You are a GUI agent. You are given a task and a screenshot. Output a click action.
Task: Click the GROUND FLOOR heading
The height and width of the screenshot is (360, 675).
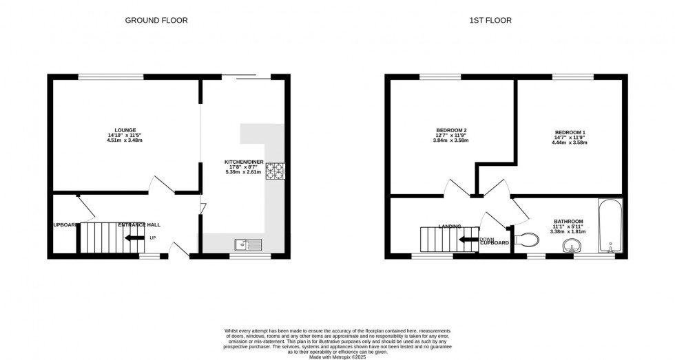click(x=156, y=21)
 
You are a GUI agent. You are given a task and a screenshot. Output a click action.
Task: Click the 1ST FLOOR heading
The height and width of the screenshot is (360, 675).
click(x=490, y=21)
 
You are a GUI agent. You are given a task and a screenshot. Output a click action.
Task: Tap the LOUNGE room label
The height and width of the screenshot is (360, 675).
click(x=125, y=130)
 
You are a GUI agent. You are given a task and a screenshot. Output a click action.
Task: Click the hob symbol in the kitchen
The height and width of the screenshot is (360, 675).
click(x=275, y=170)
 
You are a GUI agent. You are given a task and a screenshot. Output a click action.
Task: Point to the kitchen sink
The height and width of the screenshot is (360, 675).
click(x=246, y=243)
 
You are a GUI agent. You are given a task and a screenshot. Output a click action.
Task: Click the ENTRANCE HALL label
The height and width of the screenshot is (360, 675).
click(x=140, y=225)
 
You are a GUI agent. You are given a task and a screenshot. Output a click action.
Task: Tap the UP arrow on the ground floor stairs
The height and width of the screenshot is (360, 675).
click(x=135, y=237)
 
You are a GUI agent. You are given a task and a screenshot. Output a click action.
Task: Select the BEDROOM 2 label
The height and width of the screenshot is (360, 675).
click(x=451, y=130)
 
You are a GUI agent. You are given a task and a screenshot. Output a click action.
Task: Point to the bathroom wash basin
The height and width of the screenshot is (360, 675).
click(x=571, y=246)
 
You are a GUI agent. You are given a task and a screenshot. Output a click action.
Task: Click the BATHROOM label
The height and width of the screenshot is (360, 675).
click(x=568, y=222)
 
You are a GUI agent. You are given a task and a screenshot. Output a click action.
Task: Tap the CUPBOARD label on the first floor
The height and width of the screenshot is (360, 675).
click(x=495, y=243)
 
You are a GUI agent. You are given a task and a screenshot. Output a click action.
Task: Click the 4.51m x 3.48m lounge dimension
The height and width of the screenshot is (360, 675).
click(x=125, y=140)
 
